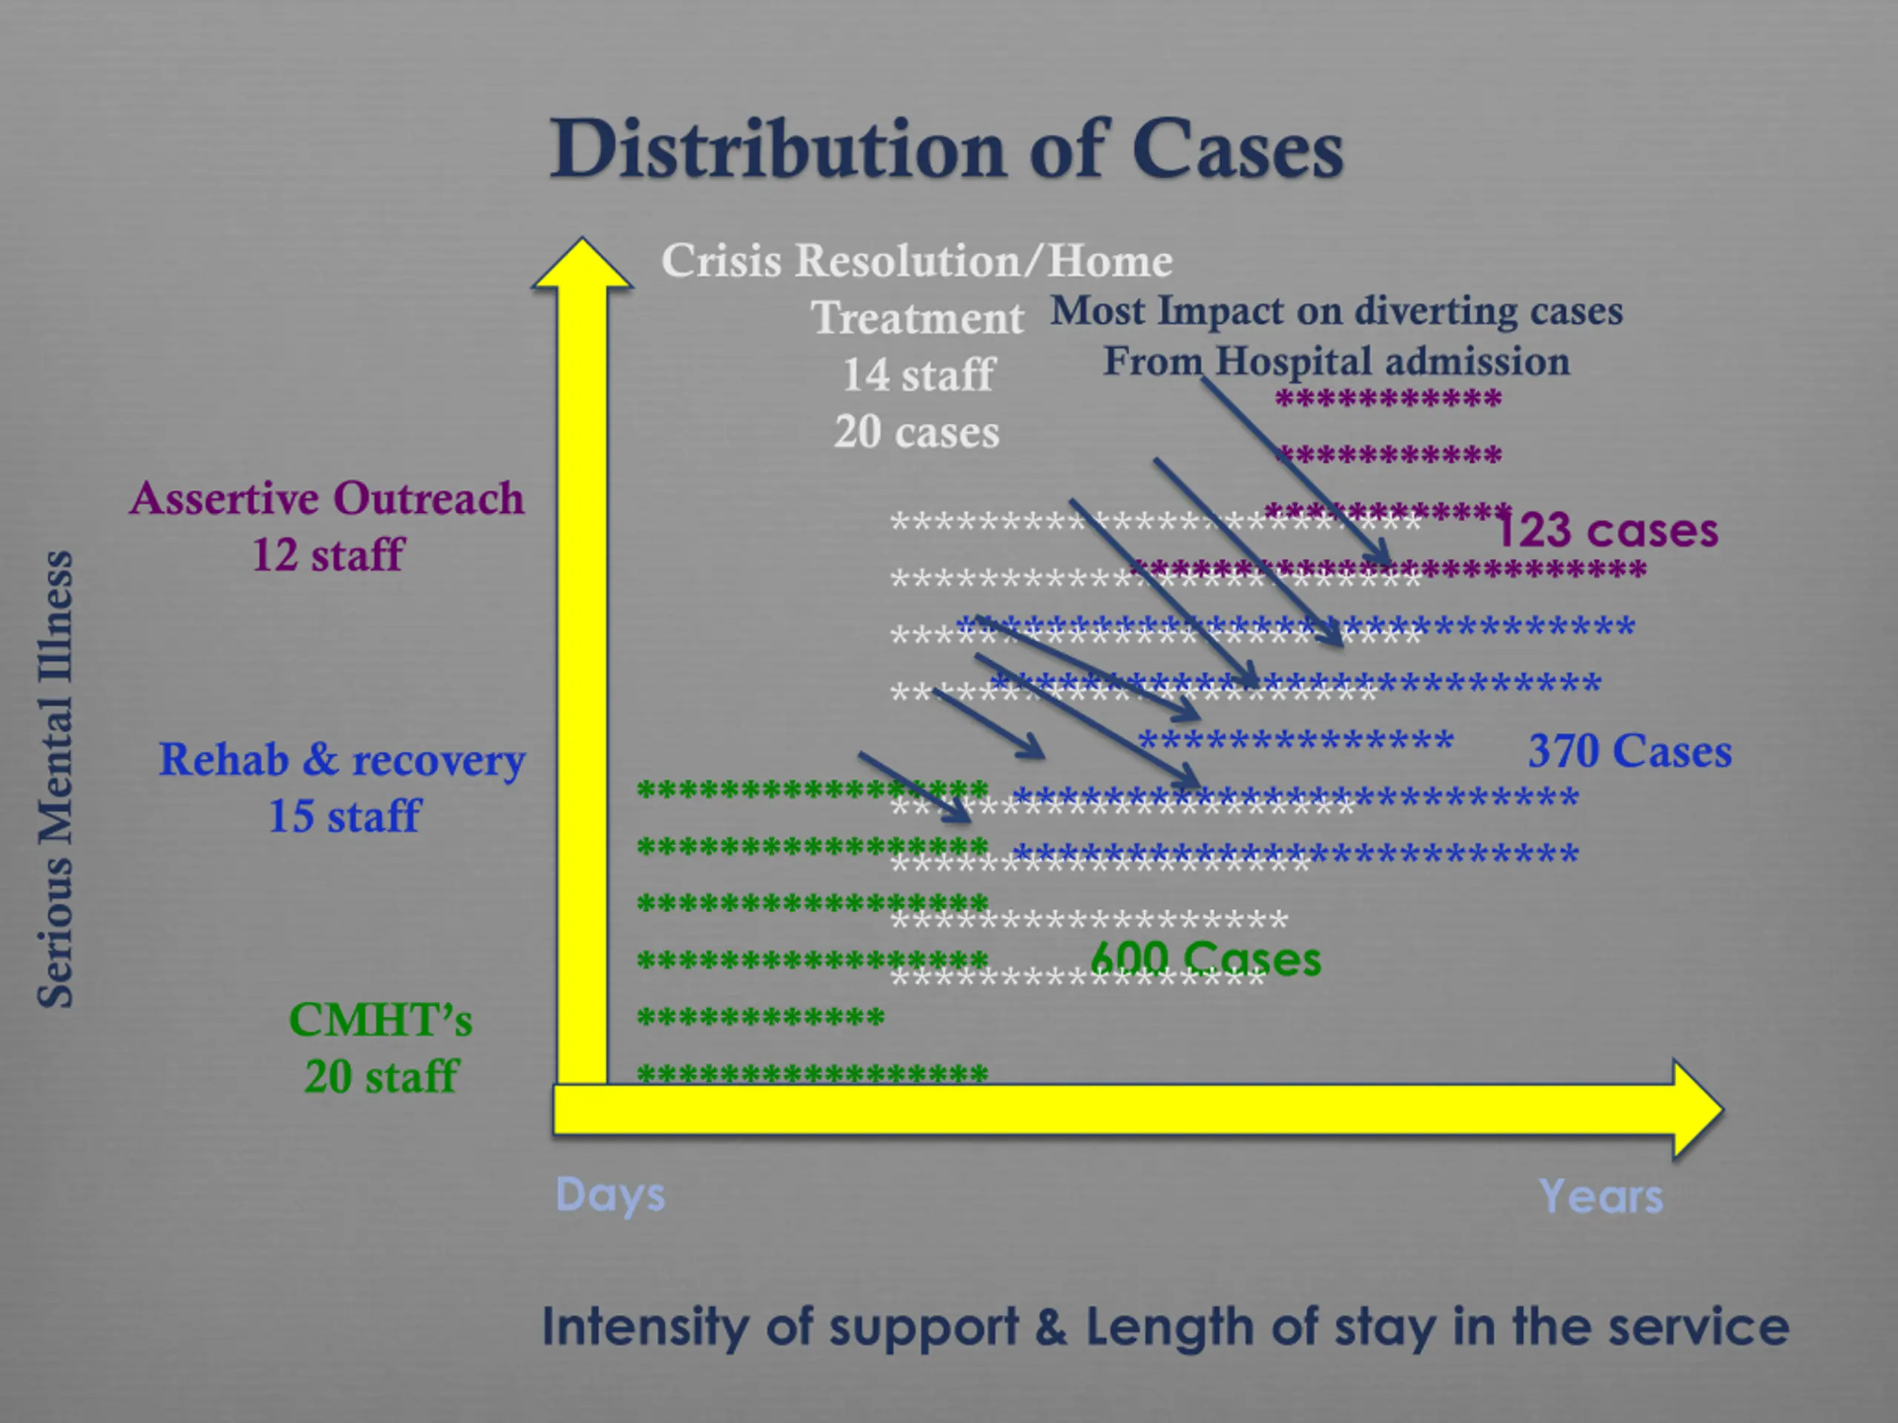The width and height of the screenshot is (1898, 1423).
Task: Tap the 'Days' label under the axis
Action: (x=610, y=1195)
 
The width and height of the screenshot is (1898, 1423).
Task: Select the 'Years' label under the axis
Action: (x=1600, y=1195)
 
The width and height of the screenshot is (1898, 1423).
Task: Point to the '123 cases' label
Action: (x=1607, y=530)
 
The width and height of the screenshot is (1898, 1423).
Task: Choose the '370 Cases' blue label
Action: (x=1630, y=752)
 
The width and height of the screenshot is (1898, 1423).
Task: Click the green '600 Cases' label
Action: (x=1206, y=958)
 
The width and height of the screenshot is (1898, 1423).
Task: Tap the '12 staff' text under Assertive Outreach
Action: (x=328, y=554)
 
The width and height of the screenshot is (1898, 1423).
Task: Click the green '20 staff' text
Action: (x=381, y=1076)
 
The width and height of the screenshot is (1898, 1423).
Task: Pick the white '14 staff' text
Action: (x=917, y=375)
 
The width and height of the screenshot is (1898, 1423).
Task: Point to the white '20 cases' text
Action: (x=916, y=431)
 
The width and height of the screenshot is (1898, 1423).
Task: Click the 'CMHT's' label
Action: (x=380, y=1020)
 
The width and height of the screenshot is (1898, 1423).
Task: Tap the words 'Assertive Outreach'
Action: (x=327, y=498)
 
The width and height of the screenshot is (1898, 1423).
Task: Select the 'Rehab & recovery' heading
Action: (x=342, y=760)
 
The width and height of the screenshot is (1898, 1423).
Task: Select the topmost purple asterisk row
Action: (x=1387, y=399)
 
